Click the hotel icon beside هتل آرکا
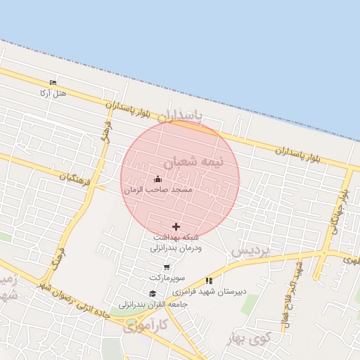click(x=53, y=82)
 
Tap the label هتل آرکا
click(x=53, y=93)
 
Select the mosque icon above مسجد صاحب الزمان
click(x=157, y=179)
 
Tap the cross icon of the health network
click(x=176, y=226)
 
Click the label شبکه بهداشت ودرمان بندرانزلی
click(x=176, y=243)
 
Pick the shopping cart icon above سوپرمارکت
click(x=167, y=266)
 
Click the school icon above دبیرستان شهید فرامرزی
click(x=209, y=280)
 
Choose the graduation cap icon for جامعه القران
click(x=153, y=294)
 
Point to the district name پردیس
click(x=250, y=250)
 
